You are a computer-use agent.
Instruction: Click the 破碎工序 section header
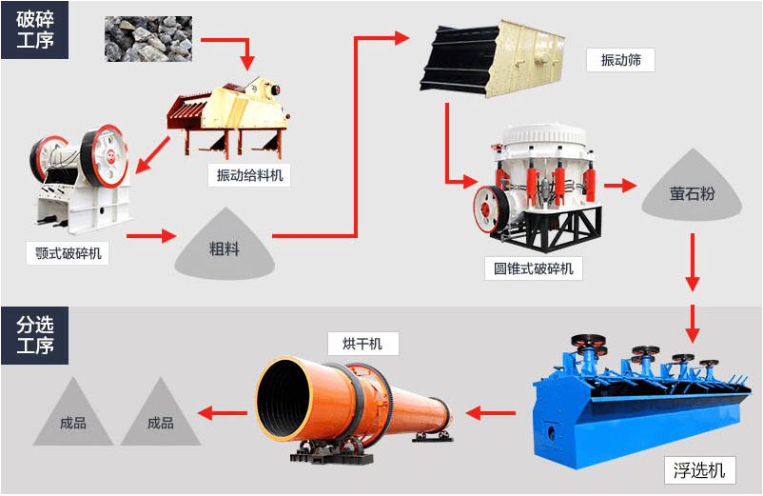[x=34, y=30]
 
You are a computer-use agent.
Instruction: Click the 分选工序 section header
[x=34, y=334]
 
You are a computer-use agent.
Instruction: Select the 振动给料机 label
[x=250, y=175]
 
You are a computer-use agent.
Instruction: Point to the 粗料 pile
[x=225, y=249]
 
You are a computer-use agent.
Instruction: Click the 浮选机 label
[x=699, y=469]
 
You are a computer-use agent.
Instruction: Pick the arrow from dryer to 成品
[x=222, y=412]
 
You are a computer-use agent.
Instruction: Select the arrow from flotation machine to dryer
[x=491, y=412]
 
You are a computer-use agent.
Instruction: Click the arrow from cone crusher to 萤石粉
[x=620, y=186]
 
